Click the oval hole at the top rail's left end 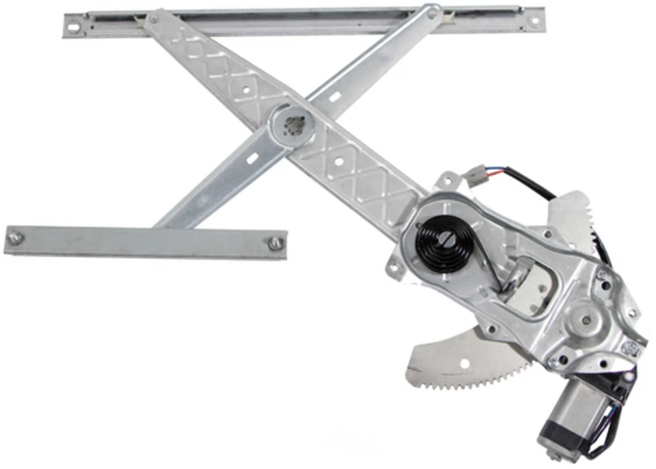[x=73, y=28]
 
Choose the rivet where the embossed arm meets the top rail [x=152, y=18]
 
